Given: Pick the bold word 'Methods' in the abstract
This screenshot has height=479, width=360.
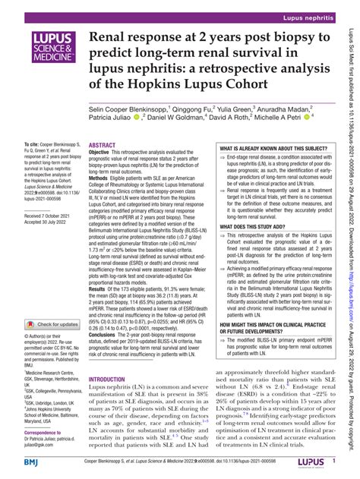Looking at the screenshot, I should tap(101, 180).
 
